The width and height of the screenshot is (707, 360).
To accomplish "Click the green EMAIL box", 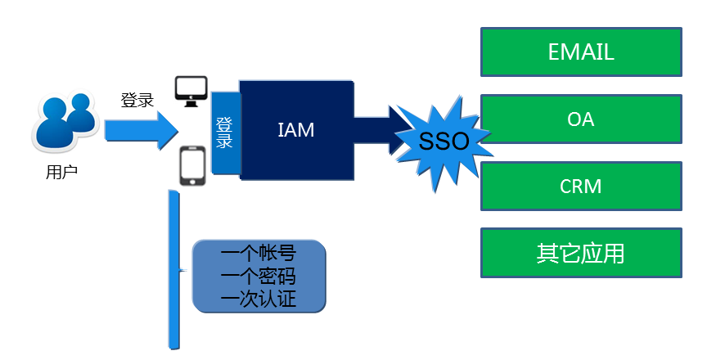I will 580,52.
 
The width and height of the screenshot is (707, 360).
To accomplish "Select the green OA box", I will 580,119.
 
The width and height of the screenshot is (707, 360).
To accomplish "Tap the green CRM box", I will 580,187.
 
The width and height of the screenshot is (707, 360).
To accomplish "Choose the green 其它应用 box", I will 580,254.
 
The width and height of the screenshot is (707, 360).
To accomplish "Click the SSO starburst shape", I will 443,141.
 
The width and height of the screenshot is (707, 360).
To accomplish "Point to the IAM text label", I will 295,129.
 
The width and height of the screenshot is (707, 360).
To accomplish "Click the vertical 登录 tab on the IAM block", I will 224,133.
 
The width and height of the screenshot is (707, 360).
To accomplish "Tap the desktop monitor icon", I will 191,90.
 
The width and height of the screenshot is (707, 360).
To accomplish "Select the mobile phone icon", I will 191,167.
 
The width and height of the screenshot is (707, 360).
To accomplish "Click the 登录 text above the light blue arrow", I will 137,101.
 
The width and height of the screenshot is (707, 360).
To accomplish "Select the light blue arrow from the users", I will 139,129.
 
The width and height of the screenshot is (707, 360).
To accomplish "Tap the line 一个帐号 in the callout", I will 259,252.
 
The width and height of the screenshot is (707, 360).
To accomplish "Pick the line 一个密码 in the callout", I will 259,276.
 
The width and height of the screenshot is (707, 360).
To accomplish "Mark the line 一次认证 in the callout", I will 259,299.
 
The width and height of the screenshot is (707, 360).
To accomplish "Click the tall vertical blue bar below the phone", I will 173,270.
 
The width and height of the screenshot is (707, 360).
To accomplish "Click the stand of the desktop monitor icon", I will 191,102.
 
